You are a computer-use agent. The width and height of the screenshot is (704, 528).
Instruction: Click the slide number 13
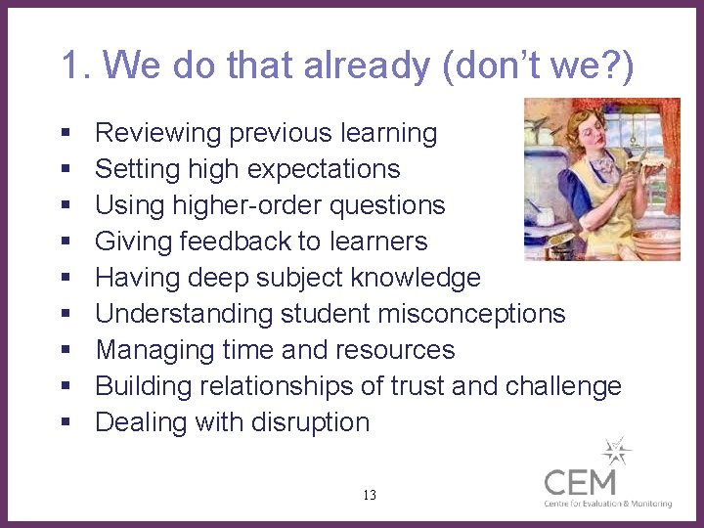[369, 496]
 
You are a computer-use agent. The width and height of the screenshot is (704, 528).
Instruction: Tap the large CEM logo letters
[581, 482]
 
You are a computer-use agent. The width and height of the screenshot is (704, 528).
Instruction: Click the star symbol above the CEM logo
[617, 452]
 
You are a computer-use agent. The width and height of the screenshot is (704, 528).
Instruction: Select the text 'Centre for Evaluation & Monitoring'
[608, 504]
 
